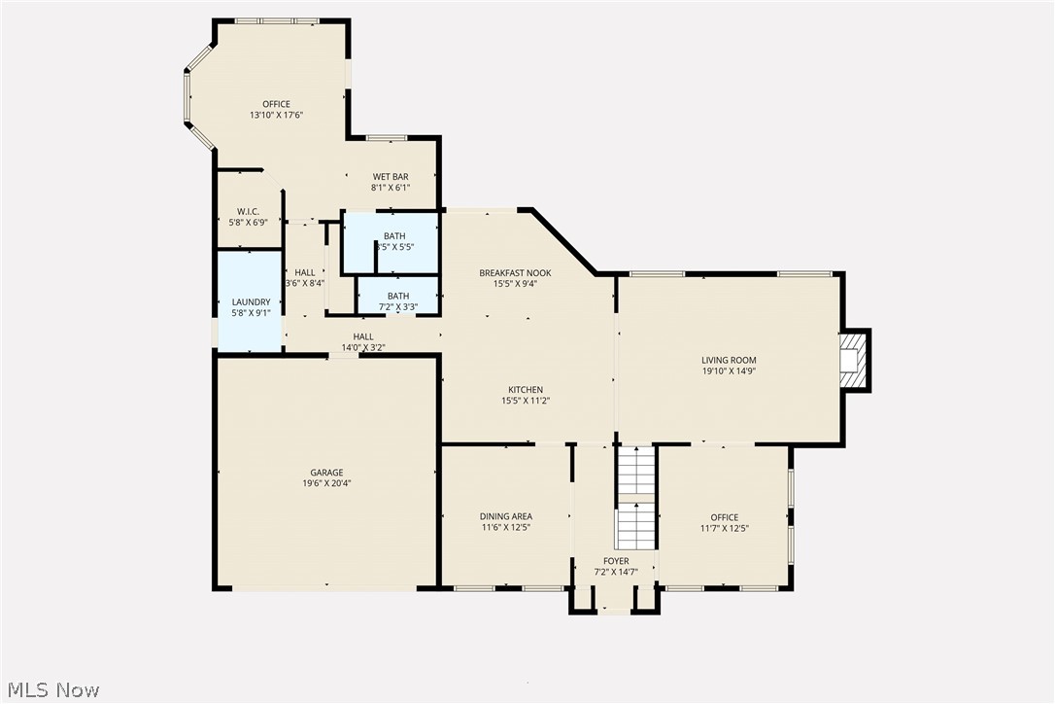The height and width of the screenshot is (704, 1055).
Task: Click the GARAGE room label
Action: point(326,473)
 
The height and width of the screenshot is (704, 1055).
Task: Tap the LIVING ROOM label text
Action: point(729,360)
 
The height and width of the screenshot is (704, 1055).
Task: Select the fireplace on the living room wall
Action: point(853,360)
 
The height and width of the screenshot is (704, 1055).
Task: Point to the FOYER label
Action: point(616,561)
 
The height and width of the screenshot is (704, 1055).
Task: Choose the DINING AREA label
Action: point(506,516)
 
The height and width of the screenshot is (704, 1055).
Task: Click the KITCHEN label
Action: point(526,390)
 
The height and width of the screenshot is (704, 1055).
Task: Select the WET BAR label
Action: point(391,176)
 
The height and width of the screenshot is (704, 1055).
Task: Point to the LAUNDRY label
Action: point(249,301)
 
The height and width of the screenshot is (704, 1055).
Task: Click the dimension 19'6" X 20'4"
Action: point(326,483)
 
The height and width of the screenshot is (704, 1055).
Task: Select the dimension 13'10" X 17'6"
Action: point(276,115)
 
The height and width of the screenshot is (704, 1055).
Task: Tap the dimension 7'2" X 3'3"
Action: point(397,307)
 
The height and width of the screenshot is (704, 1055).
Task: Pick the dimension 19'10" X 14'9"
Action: point(729,370)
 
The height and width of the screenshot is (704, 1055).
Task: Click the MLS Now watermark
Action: point(51,690)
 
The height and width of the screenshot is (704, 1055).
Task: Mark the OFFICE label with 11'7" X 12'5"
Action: point(724,517)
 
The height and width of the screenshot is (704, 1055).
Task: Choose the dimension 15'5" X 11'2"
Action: point(526,401)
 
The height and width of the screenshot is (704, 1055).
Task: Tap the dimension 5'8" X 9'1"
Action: point(249,312)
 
